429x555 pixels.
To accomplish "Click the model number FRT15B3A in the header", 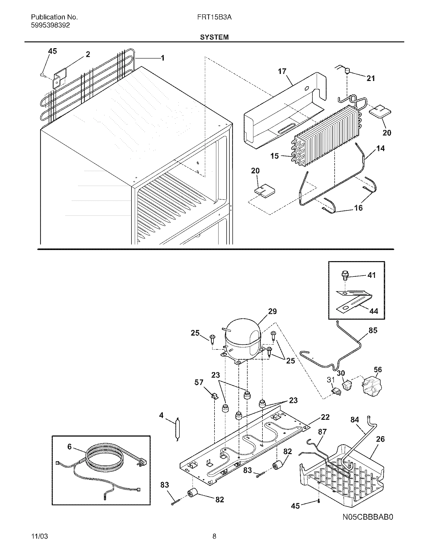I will (x=214, y=17).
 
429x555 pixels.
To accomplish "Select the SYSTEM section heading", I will (x=214, y=37).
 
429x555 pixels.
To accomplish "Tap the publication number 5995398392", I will (x=50, y=25).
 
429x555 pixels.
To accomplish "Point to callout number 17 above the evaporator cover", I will (x=282, y=71).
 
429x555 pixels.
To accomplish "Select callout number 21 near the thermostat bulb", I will (x=370, y=78).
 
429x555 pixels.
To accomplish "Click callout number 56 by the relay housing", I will (x=378, y=377).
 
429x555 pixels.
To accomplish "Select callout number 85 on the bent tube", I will (x=373, y=330).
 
